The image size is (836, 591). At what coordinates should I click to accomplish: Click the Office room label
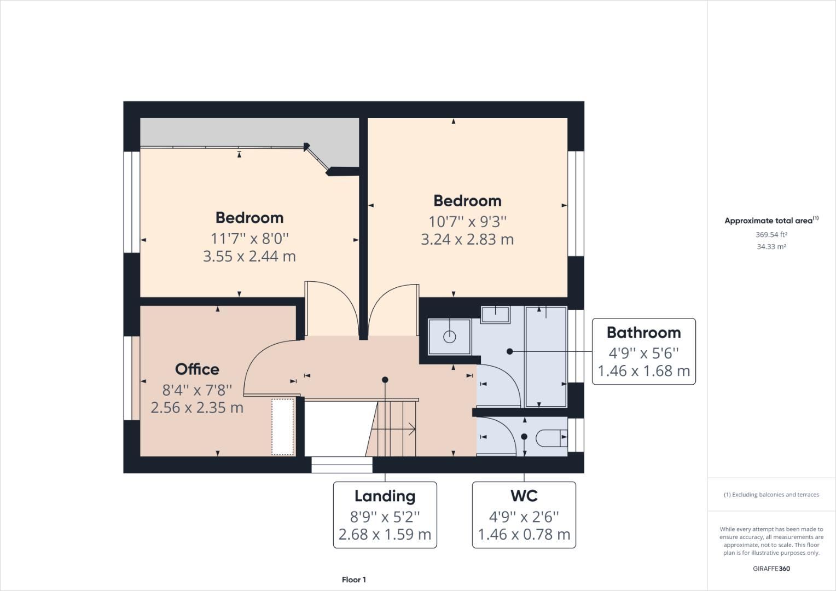point(197,369)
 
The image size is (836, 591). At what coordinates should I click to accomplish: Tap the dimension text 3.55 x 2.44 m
point(249,256)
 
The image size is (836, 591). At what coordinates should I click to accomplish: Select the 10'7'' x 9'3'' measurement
point(467,222)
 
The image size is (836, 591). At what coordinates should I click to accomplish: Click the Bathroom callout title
point(643,333)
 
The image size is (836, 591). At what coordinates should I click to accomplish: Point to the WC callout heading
point(524,496)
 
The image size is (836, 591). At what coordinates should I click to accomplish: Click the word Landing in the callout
point(385,496)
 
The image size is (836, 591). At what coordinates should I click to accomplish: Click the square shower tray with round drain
point(449,337)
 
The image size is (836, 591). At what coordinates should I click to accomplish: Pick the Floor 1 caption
point(353,580)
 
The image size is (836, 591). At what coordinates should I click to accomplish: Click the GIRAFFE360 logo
point(771,569)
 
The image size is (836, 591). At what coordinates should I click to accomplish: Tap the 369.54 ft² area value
point(771,235)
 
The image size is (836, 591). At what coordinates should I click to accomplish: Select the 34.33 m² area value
point(771,247)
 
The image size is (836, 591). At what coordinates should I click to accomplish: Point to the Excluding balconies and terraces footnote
point(771,495)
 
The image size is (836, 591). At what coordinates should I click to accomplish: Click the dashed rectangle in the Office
point(283,427)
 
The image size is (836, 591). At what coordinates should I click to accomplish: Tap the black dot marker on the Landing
point(385,380)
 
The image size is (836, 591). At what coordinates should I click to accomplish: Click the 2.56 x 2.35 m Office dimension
point(197,408)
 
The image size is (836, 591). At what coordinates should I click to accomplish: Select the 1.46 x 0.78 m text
point(524,535)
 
